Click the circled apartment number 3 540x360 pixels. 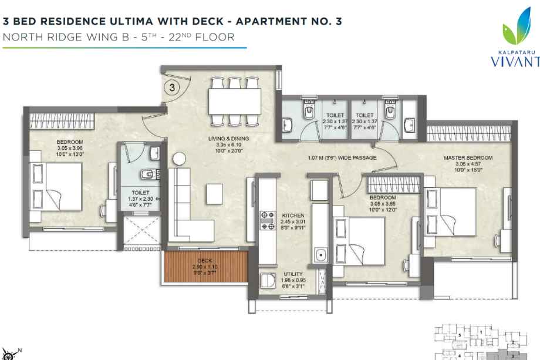(x=171, y=89)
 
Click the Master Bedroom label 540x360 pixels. (x=467, y=159)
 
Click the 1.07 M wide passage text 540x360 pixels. (x=342, y=157)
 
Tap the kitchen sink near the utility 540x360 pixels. (x=320, y=254)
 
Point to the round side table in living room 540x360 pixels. (x=180, y=159)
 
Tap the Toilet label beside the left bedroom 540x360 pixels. (x=140, y=192)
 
